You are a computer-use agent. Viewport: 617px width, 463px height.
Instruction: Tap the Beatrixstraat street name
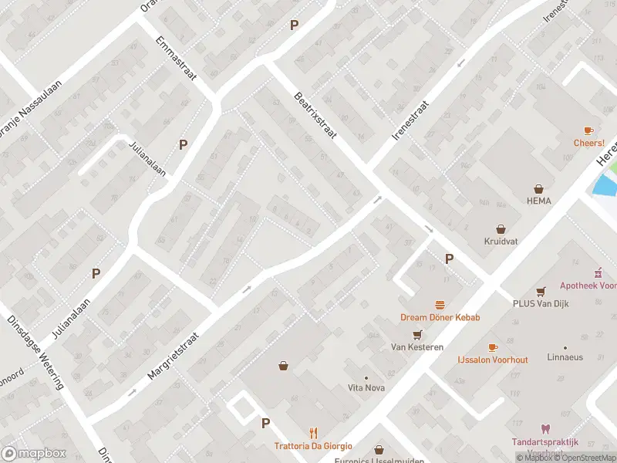(x=317, y=117)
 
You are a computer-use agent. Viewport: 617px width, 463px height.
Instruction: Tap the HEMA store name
(x=539, y=200)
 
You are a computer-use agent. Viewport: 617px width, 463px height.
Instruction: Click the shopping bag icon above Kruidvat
(x=502, y=228)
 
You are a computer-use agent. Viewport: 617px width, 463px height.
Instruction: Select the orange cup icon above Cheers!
(x=588, y=130)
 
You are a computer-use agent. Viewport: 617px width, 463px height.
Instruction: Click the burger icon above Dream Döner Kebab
(x=440, y=305)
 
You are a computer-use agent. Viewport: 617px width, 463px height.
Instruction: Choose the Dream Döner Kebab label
(x=440, y=317)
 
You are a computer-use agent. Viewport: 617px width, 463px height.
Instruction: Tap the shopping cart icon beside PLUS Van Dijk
(x=541, y=291)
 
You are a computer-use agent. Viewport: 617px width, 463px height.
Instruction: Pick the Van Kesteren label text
(x=416, y=347)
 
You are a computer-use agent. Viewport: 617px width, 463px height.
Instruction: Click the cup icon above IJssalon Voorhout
(x=493, y=348)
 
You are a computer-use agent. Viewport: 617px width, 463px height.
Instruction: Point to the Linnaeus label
(x=565, y=357)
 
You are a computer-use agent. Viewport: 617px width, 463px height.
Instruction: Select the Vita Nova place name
(x=366, y=387)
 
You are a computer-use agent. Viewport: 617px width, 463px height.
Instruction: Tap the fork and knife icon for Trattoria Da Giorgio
(x=313, y=433)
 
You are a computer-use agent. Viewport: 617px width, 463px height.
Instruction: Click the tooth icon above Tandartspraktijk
(x=545, y=429)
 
